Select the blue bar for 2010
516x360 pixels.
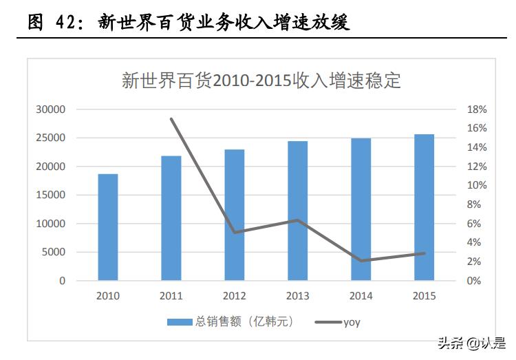[x=108, y=227]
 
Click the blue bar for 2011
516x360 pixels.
[x=171, y=218]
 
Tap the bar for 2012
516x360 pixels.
[x=235, y=215]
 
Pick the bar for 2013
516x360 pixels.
[x=298, y=211]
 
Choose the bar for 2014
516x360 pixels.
[x=361, y=209]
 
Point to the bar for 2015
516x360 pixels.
[x=424, y=207]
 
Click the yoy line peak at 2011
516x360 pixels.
[x=171, y=119]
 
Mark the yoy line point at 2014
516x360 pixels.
[x=361, y=261]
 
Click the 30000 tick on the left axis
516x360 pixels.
[x=52, y=109]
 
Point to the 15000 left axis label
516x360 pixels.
[x=52, y=195]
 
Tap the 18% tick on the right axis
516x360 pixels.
[x=477, y=109]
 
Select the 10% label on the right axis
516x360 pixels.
[x=477, y=186]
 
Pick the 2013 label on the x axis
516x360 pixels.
[x=298, y=296]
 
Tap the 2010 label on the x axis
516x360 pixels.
[x=108, y=296]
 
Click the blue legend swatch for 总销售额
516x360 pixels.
[x=180, y=321]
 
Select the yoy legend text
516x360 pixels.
[x=352, y=321]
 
